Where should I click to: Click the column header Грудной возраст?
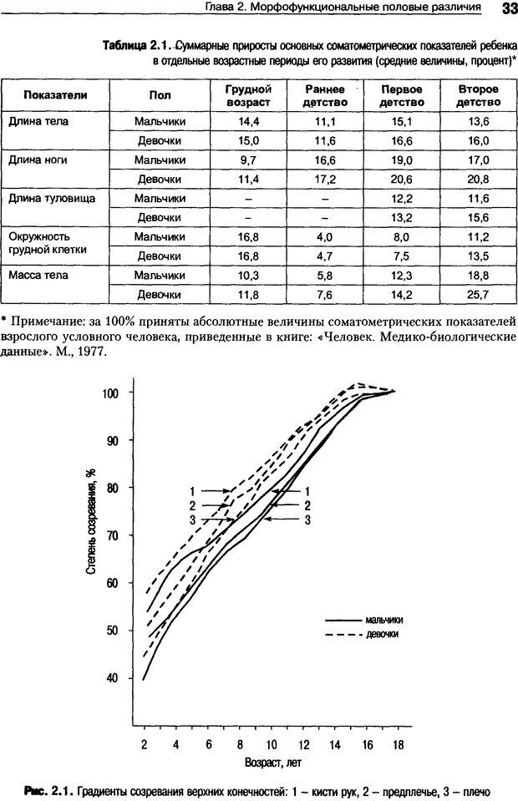point(248,95)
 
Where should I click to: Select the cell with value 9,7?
point(248,160)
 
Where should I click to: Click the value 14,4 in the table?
point(248,121)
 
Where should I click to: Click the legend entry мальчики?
point(384,620)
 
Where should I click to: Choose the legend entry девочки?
point(381,635)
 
